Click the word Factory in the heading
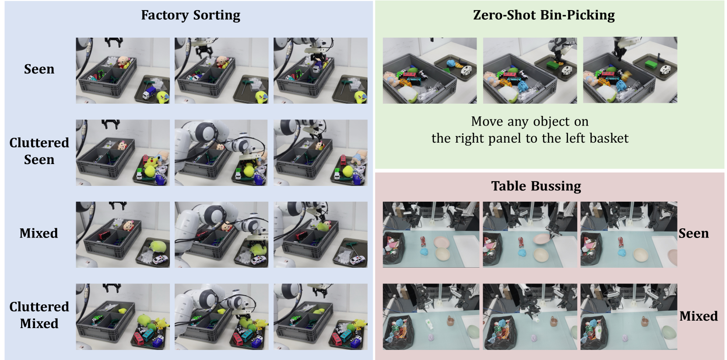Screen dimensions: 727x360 pos(165,16)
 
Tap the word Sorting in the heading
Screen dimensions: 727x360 pos(217,16)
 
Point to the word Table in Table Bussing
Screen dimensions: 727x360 pos(509,186)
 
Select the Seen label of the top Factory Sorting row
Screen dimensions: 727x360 pos(39,69)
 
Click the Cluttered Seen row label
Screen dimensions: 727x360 pos(39,151)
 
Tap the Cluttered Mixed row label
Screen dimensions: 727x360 pos(39,315)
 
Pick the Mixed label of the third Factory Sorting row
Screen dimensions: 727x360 pos(39,233)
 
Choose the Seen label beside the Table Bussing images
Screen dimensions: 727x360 pos(694,234)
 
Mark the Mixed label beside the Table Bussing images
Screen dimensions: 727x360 pos(699,316)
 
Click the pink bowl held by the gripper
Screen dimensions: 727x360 pos(542,239)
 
